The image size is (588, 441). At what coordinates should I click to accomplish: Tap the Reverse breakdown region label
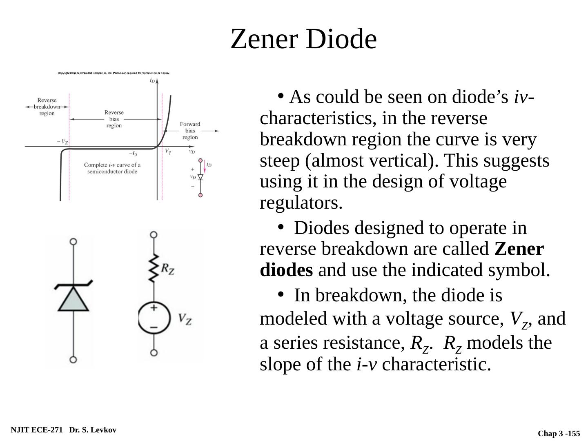47,107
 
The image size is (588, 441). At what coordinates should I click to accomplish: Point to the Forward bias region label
190,130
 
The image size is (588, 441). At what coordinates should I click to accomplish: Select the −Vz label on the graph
62,142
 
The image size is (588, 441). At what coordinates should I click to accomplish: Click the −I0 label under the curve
133,154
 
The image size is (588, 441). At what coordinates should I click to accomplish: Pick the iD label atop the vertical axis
152,80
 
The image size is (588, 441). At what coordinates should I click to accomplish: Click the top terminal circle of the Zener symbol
73,241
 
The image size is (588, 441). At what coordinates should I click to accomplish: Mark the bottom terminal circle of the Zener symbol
73,360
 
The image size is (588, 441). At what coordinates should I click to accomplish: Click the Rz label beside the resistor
167,268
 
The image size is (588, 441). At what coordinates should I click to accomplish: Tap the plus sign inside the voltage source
154,308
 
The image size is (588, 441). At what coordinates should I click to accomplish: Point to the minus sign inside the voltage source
154,327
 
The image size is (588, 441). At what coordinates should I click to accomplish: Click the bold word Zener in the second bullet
519,249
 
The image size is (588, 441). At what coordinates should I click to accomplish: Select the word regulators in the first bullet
301,203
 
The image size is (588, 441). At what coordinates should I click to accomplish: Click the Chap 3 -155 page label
559,434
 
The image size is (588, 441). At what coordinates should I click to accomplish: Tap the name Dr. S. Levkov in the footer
93,430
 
